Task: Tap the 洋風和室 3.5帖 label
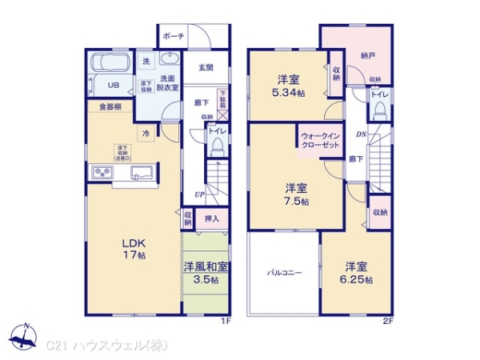click(x=206, y=272)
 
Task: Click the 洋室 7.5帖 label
click(x=296, y=194)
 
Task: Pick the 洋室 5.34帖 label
click(x=288, y=86)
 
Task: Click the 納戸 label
click(x=368, y=55)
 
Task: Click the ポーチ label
click(x=174, y=37)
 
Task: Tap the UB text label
click(x=114, y=85)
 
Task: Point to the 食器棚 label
click(x=110, y=106)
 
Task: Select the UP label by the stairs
click(x=198, y=194)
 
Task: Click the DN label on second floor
click(x=361, y=134)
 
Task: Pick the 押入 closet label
click(x=212, y=217)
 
